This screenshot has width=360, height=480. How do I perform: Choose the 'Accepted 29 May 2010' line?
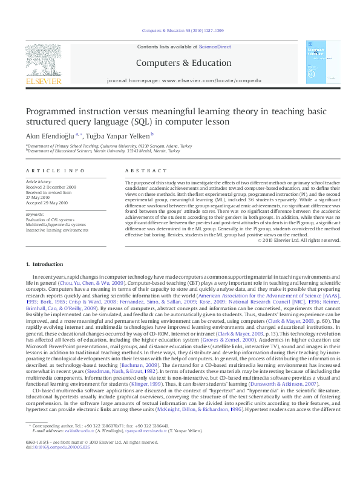[x=48, y=200]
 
